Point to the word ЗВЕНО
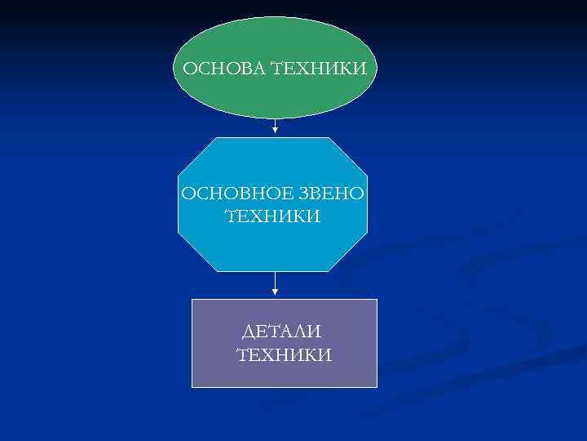pos(335,194)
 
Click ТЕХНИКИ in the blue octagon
pos(272,216)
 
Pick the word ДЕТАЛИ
pos(283,332)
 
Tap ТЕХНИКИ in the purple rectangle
pos(283,355)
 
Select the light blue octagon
pos(273,245)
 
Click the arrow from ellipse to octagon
pos(276,126)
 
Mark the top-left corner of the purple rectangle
pos(192,300)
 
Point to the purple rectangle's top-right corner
pos(377,300)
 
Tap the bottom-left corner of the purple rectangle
pos(192,386)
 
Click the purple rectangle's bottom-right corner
pos(377,386)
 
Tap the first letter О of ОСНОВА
pos(189,69)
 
